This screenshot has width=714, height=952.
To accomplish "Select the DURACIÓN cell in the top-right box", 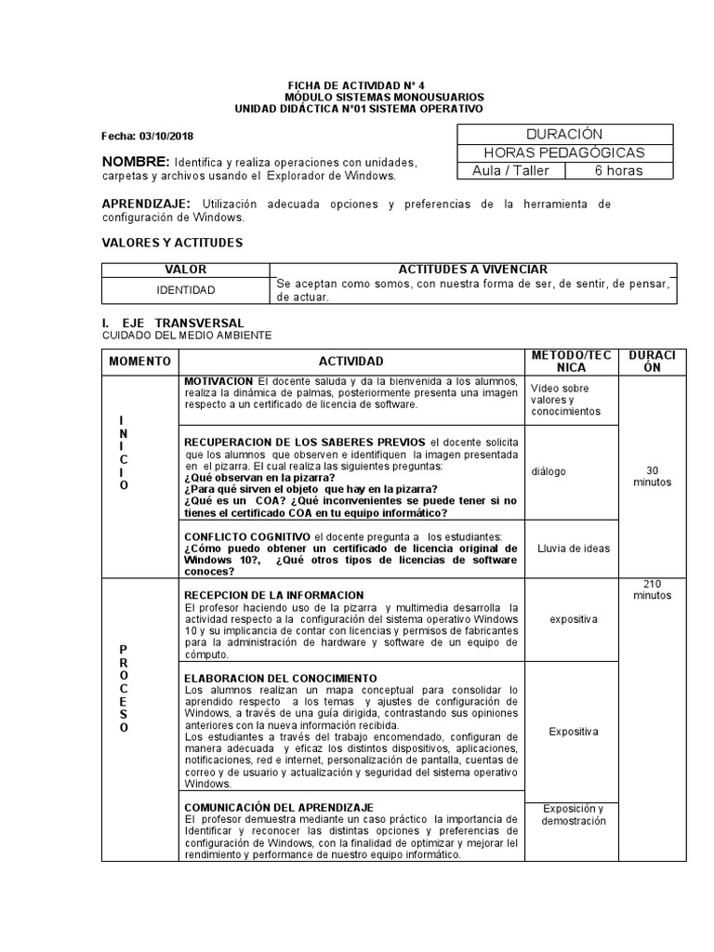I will [563, 135].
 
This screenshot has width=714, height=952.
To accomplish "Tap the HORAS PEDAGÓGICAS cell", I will [563, 152].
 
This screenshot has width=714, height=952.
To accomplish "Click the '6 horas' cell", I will [618, 170].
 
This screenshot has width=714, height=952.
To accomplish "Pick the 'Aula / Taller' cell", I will [510, 170].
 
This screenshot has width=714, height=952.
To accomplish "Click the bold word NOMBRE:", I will [135, 161].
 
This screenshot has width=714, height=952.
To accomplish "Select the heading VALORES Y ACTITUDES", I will [171, 243].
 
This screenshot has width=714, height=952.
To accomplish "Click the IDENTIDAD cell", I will [185, 290].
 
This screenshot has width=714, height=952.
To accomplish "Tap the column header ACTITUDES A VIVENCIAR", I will [472, 269].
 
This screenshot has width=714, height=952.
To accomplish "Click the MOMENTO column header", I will [139, 361].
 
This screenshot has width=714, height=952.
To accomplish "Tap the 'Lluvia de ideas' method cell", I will [573, 549].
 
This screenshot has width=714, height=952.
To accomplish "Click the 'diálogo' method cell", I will [549, 471].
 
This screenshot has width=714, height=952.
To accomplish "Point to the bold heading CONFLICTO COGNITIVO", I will [247, 536].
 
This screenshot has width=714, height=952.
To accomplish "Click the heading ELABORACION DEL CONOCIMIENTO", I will [281, 679].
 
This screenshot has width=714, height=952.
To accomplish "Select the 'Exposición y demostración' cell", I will [573, 814].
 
